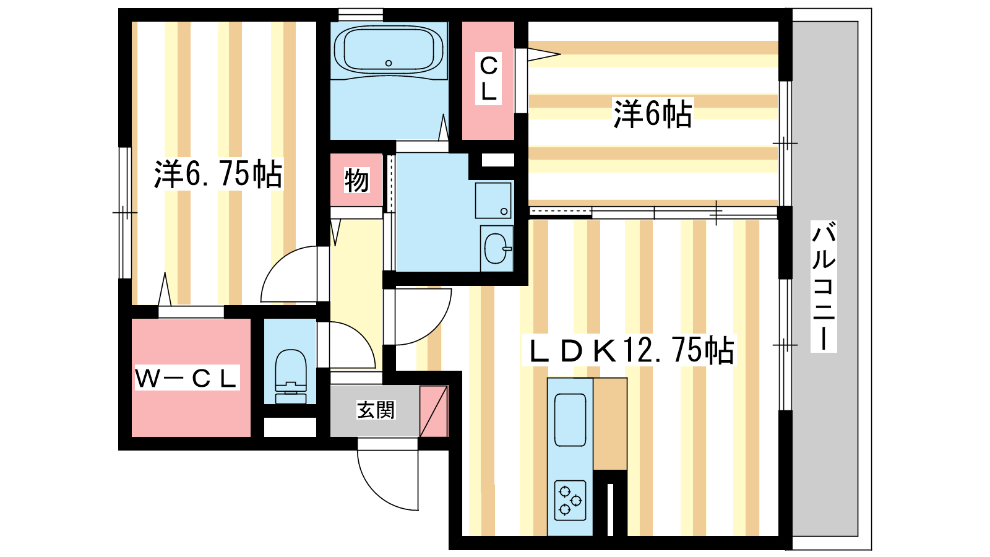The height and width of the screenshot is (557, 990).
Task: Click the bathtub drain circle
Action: (389, 63)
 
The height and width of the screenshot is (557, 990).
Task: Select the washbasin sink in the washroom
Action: (497, 248)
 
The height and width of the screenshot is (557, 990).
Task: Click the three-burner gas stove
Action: (570, 500)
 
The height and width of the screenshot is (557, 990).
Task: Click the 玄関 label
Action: (376, 410)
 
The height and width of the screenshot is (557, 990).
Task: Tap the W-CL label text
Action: (186, 378)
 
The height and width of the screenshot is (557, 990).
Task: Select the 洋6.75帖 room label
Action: (218, 174)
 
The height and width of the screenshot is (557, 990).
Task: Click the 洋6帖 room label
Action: (653, 114)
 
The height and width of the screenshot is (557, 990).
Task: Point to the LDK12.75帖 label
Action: (629, 350)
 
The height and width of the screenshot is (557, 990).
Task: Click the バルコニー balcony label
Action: (824, 287)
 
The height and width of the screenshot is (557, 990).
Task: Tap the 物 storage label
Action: (356, 180)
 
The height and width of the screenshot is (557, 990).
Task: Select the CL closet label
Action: (488, 78)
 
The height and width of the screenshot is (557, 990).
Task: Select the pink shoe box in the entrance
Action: (434, 411)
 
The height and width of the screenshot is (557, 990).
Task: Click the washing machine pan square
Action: (493, 201)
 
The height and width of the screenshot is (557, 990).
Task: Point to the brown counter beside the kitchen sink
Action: (610, 423)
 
